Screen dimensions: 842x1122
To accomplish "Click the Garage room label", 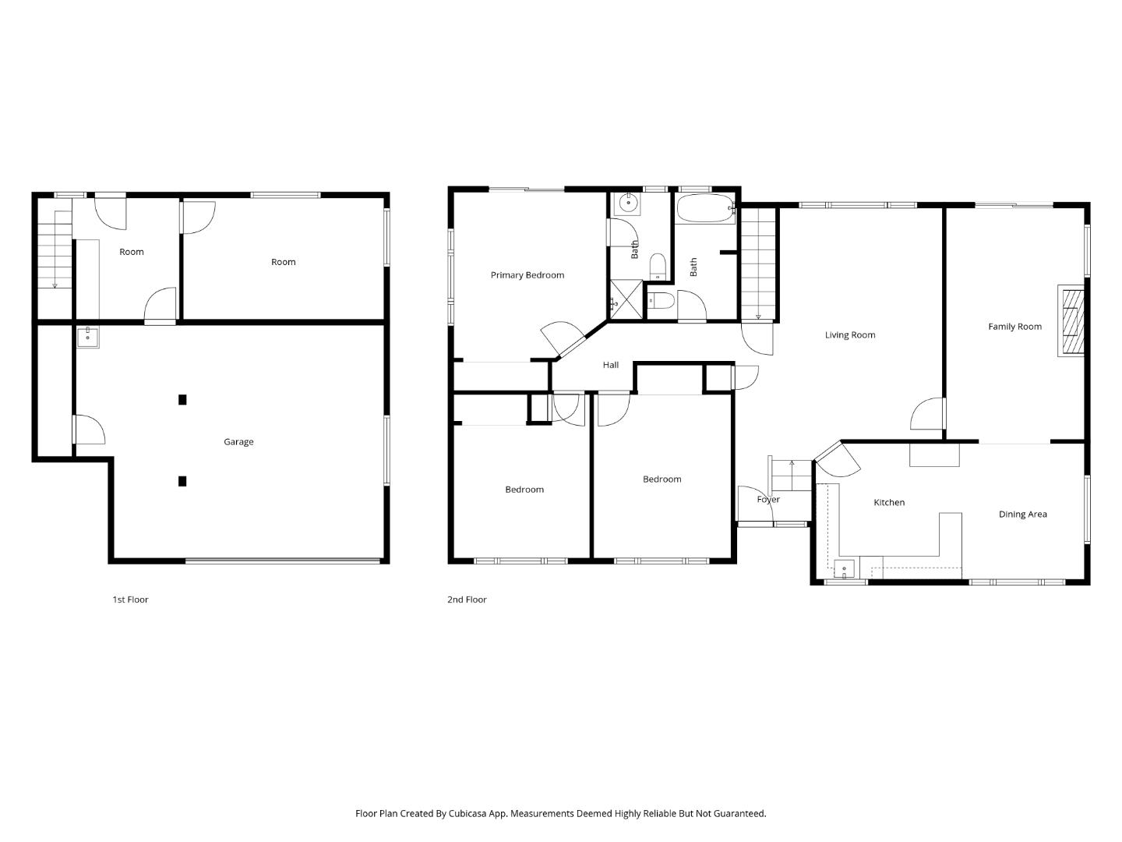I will tap(238, 442).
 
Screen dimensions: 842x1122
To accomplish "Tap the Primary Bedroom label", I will tap(527, 275).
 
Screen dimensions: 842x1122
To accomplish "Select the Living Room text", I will tap(850, 335).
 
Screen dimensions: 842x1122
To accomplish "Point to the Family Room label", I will tap(1014, 327).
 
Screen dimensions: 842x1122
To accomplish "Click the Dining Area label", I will tap(1022, 515).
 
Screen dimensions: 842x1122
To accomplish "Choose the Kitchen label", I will tap(888, 503).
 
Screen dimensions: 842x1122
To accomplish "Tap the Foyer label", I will tap(767, 500).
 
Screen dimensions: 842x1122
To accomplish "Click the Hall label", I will tap(610, 365).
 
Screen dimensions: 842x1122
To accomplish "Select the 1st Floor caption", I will tap(130, 600).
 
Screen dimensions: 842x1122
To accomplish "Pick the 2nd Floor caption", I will tap(467, 600).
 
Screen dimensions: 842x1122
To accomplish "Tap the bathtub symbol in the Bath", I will tap(705, 209).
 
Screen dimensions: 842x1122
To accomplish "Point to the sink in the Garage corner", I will tap(87, 337).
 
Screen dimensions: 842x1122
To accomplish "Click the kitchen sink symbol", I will tap(845, 568).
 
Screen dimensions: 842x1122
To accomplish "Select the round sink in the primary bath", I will tap(626, 204).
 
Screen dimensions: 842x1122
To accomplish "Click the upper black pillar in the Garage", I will tap(182, 400).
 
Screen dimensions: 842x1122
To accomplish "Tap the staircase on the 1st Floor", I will tap(55, 249).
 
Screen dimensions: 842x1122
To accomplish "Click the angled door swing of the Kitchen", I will tap(838, 460).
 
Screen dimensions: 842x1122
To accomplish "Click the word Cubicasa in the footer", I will tap(470, 813).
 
